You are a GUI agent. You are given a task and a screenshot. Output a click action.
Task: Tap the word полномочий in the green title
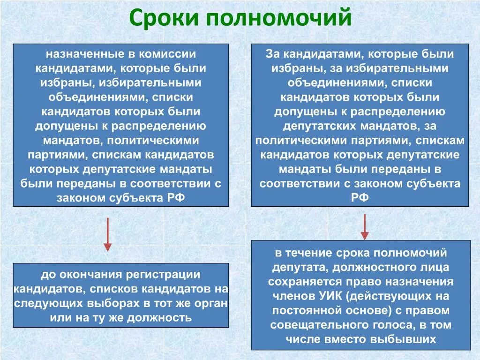click(277, 18)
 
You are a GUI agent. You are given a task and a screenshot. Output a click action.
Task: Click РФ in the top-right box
click(360, 198)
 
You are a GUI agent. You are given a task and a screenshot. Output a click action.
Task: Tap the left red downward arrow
click(107, 234)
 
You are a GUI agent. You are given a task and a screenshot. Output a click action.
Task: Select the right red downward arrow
click(365, 227)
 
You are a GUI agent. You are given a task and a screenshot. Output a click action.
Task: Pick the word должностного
click(369, 267)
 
